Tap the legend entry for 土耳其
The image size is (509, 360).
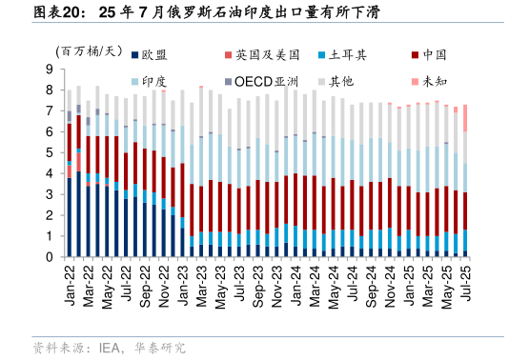[352, 55]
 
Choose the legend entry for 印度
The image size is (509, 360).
[153, 82]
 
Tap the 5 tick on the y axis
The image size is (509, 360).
[48, 153]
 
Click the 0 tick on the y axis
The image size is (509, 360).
[48, 257]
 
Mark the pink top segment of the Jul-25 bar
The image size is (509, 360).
[464, 118]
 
